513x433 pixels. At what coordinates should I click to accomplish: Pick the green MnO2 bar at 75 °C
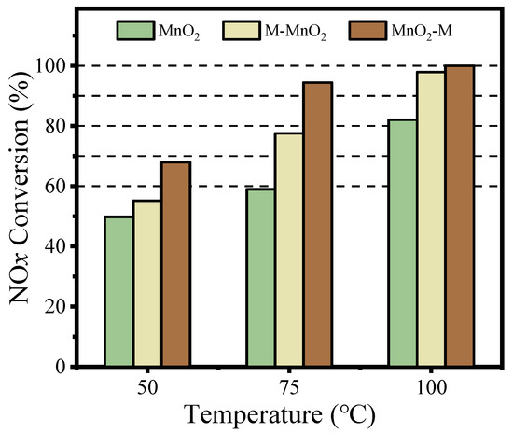click(259, 277)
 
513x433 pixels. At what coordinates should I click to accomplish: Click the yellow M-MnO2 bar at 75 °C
click(288, 249)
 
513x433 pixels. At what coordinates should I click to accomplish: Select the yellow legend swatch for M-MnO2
click(243, 30)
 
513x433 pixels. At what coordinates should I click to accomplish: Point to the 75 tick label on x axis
click(288, 384)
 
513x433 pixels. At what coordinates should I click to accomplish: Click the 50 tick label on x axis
click(147, 384)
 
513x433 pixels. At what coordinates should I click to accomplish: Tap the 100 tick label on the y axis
click(62, 66)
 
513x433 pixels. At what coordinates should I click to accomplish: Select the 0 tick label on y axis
click(72, 367)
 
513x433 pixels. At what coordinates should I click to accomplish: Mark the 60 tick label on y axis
click(66, 187)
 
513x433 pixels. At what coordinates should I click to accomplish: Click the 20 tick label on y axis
click(66, 307)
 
